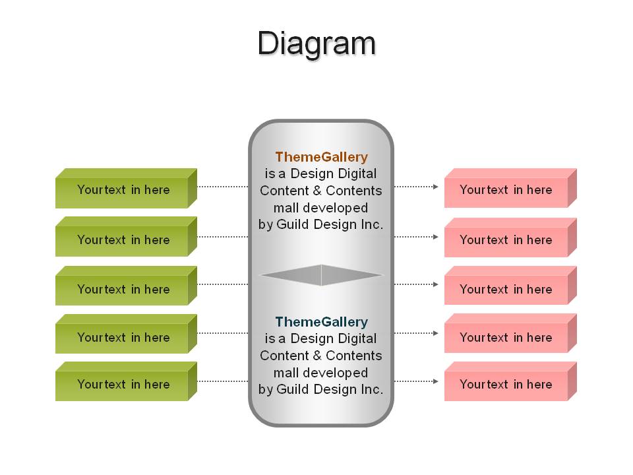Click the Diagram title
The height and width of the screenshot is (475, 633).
click(x=316, y=44)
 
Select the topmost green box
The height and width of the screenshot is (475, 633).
click(x=126, y=188)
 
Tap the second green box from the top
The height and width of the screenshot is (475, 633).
click(x=126, y=237)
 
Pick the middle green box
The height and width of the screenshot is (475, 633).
click(x=126, y=286)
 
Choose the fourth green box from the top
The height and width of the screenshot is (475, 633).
click(x=126, y=334)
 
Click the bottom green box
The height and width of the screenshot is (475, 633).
click(x=126, y=381)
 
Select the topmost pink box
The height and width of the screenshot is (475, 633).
click(x=510, y=188)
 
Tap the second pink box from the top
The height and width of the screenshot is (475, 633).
click(x=510, y=237)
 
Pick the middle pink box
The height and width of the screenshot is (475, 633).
click(x=510, y=285)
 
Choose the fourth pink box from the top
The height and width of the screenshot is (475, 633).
click(x=510, y=333)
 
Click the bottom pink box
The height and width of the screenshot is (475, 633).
click(x=510, y=381)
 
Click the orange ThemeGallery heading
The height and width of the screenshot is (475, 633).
click(x=321, y=157)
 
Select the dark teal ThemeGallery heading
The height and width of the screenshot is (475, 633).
click(x=321, y=322)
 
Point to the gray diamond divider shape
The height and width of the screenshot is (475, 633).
click(x=321, y=275)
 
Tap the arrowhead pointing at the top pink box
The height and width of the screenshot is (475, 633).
click(x=436, y=187)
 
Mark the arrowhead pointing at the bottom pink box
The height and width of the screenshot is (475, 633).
click(x=436, y=381)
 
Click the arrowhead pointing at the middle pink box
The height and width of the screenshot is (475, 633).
click(x=436, y=284)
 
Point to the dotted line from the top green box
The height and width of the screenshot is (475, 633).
click(x=223, y=187)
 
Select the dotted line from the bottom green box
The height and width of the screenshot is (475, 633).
click(x=223, y=381)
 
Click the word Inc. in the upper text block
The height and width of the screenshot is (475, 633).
click(x=372, y=224)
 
